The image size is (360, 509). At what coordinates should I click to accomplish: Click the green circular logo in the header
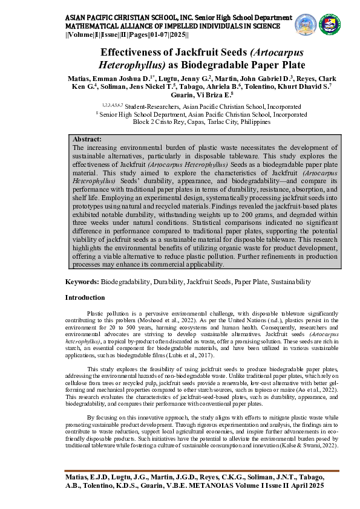click(330, 23)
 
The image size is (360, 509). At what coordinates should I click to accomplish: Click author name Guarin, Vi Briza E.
click(202, 95)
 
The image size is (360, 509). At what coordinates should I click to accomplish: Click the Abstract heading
click(87, 139)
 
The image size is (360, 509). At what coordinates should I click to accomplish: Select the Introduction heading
click(85, 297)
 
